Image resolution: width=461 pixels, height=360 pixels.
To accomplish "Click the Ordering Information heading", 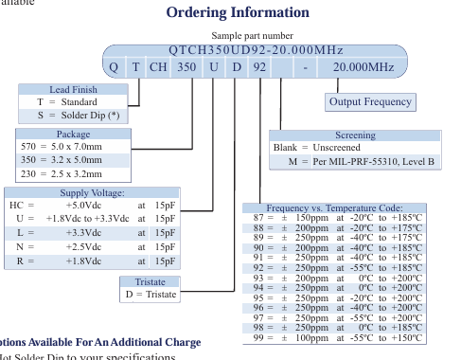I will point(238,13).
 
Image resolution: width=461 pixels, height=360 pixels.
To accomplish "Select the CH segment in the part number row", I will point(157,68).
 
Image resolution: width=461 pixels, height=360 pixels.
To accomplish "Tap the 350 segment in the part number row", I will point(187,68).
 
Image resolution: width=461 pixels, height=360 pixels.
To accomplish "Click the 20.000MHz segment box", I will point(362,68).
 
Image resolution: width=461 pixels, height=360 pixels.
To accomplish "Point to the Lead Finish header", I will point(73,89).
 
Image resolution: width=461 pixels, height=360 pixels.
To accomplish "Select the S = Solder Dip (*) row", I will point(73,115).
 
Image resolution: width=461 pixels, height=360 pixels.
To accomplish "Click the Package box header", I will point(73,135).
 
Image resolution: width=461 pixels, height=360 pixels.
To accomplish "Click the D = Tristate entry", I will point(151,295).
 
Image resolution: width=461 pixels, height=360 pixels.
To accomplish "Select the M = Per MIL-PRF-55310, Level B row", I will point(366,161).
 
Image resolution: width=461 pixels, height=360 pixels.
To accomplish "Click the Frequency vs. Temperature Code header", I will point(335,207).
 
